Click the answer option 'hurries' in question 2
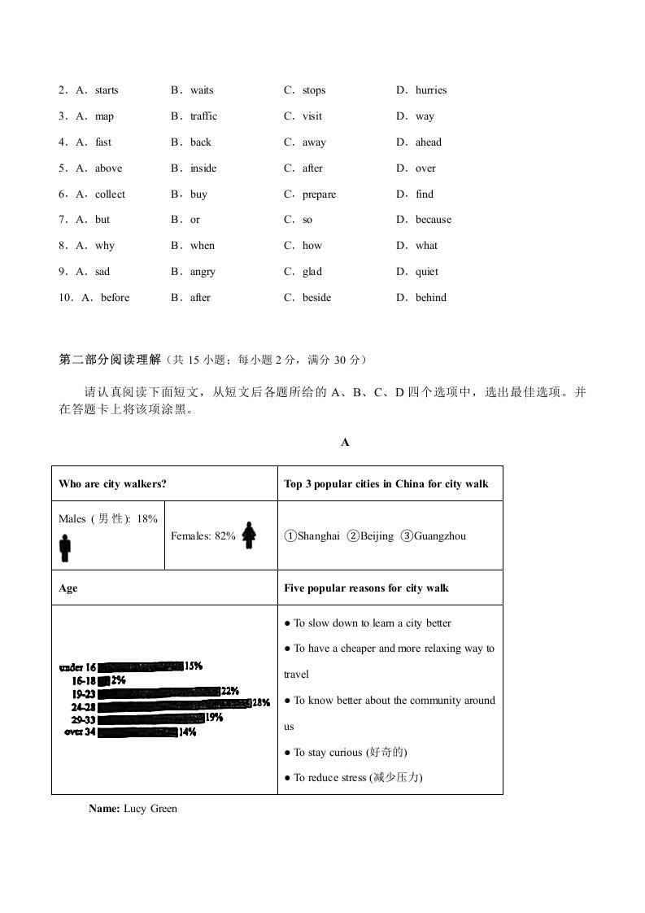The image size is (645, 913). [430, 90]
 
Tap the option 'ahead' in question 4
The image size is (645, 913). [428, 142]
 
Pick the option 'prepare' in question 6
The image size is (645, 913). [319, 194]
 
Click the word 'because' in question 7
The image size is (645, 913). [433, 220]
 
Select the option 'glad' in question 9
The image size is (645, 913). [312, 272]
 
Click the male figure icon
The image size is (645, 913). [65, 548]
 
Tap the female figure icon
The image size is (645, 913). [250, 534]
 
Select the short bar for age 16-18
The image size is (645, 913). [103, 679]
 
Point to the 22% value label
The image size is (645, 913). [230, 692]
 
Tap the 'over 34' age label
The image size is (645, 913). [80, 732]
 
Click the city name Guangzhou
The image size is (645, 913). [439, 536]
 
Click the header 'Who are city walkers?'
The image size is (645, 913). [112, 484]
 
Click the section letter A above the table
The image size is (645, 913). [345, 443]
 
